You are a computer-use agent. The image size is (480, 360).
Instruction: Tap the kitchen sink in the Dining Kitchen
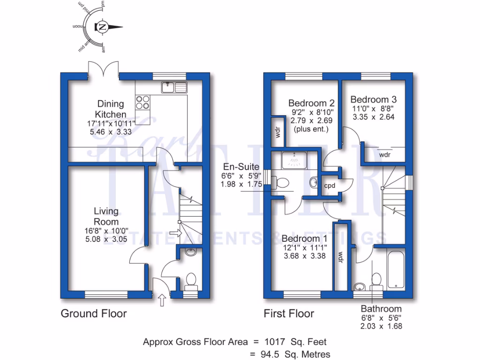(x=174, y=86)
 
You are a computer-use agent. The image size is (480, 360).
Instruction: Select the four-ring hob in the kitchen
(x=143, y=102)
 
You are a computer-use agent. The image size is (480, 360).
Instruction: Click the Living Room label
(x=106, y=216)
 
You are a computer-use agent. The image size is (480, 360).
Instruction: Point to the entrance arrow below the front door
(x=163, y=300)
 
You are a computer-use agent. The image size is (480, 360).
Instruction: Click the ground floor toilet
(x=190, y=280)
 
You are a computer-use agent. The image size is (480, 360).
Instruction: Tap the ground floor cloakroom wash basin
(x=190, y=253)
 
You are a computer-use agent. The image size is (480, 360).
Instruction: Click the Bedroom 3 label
(x=374, y=99)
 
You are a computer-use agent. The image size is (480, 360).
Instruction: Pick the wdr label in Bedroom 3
(x=385, y=154)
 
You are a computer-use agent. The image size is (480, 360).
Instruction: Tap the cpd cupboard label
(x=330, y=185)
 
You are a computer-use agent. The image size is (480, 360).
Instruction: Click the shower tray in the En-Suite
(x=294, y=160)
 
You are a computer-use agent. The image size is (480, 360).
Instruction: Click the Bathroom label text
(x=381, y=308)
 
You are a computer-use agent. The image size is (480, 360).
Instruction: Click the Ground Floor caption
(x=94, y=313)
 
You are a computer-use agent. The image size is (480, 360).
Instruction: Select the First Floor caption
(x=289, y=313)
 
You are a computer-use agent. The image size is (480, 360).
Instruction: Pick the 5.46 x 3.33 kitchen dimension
(x=111, y=132)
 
